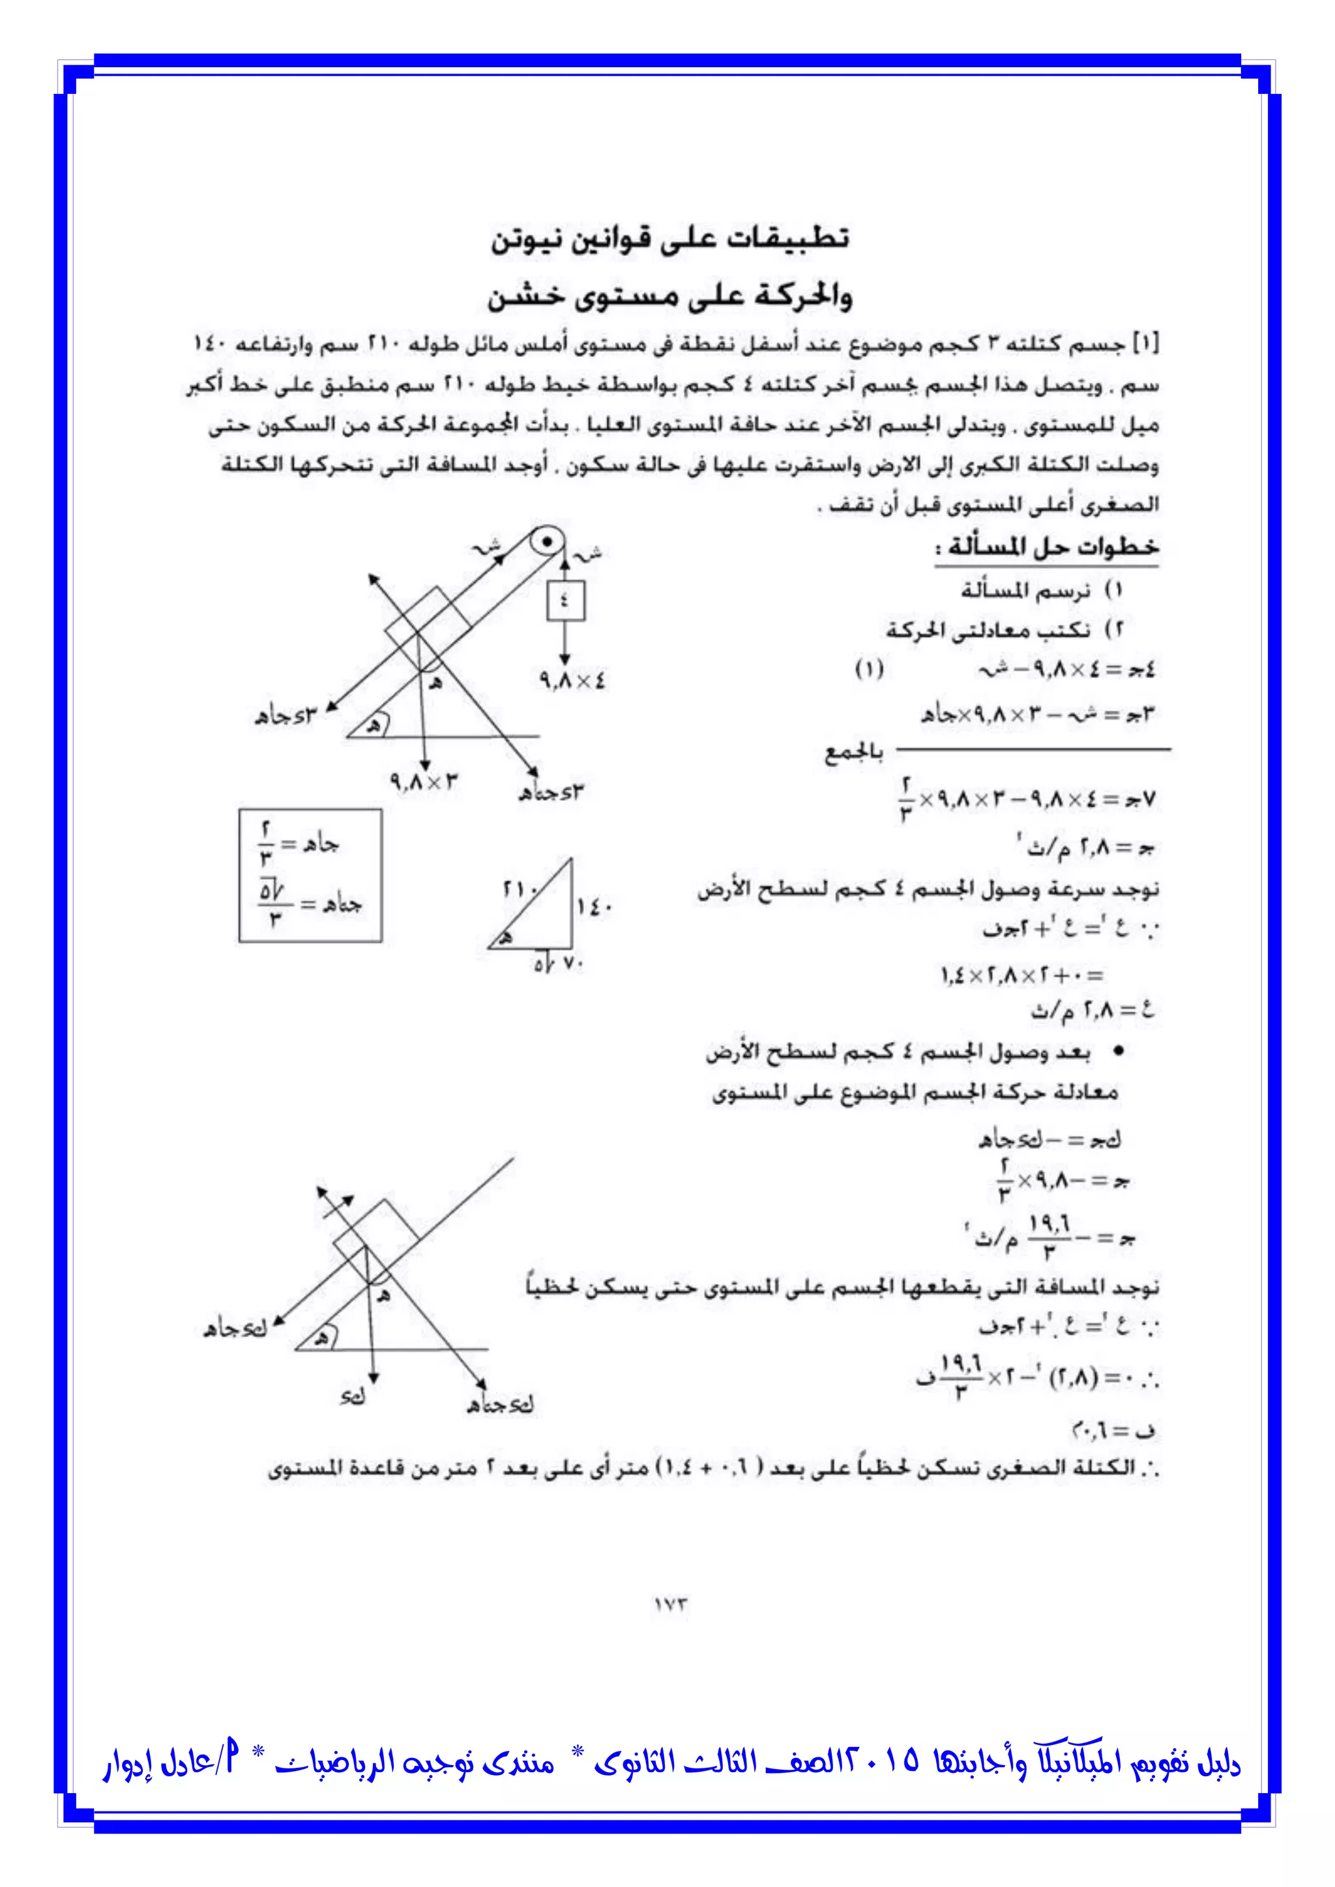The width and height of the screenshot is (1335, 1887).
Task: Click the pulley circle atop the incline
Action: pyautogui.click(x=546, y=542)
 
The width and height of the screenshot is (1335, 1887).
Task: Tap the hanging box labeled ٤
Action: pyautogui.click(x=566, y=601)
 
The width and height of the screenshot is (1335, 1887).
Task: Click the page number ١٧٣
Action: pyautogui.click(x=670, y=1604)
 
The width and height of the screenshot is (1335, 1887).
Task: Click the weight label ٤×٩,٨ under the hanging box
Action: pyautogui.click(x=572, y=680)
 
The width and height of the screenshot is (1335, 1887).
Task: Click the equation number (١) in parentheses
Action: pyautogui.click(x=869, y=669)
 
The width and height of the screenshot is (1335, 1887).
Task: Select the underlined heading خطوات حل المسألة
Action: pyautogui.click(x=1052, y=547)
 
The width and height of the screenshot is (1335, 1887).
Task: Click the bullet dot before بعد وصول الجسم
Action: pyautogui.click(x=1118, y=1052)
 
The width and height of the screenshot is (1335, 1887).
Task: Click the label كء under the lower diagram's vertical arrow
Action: pyautogui.click(x=351, y=1396)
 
